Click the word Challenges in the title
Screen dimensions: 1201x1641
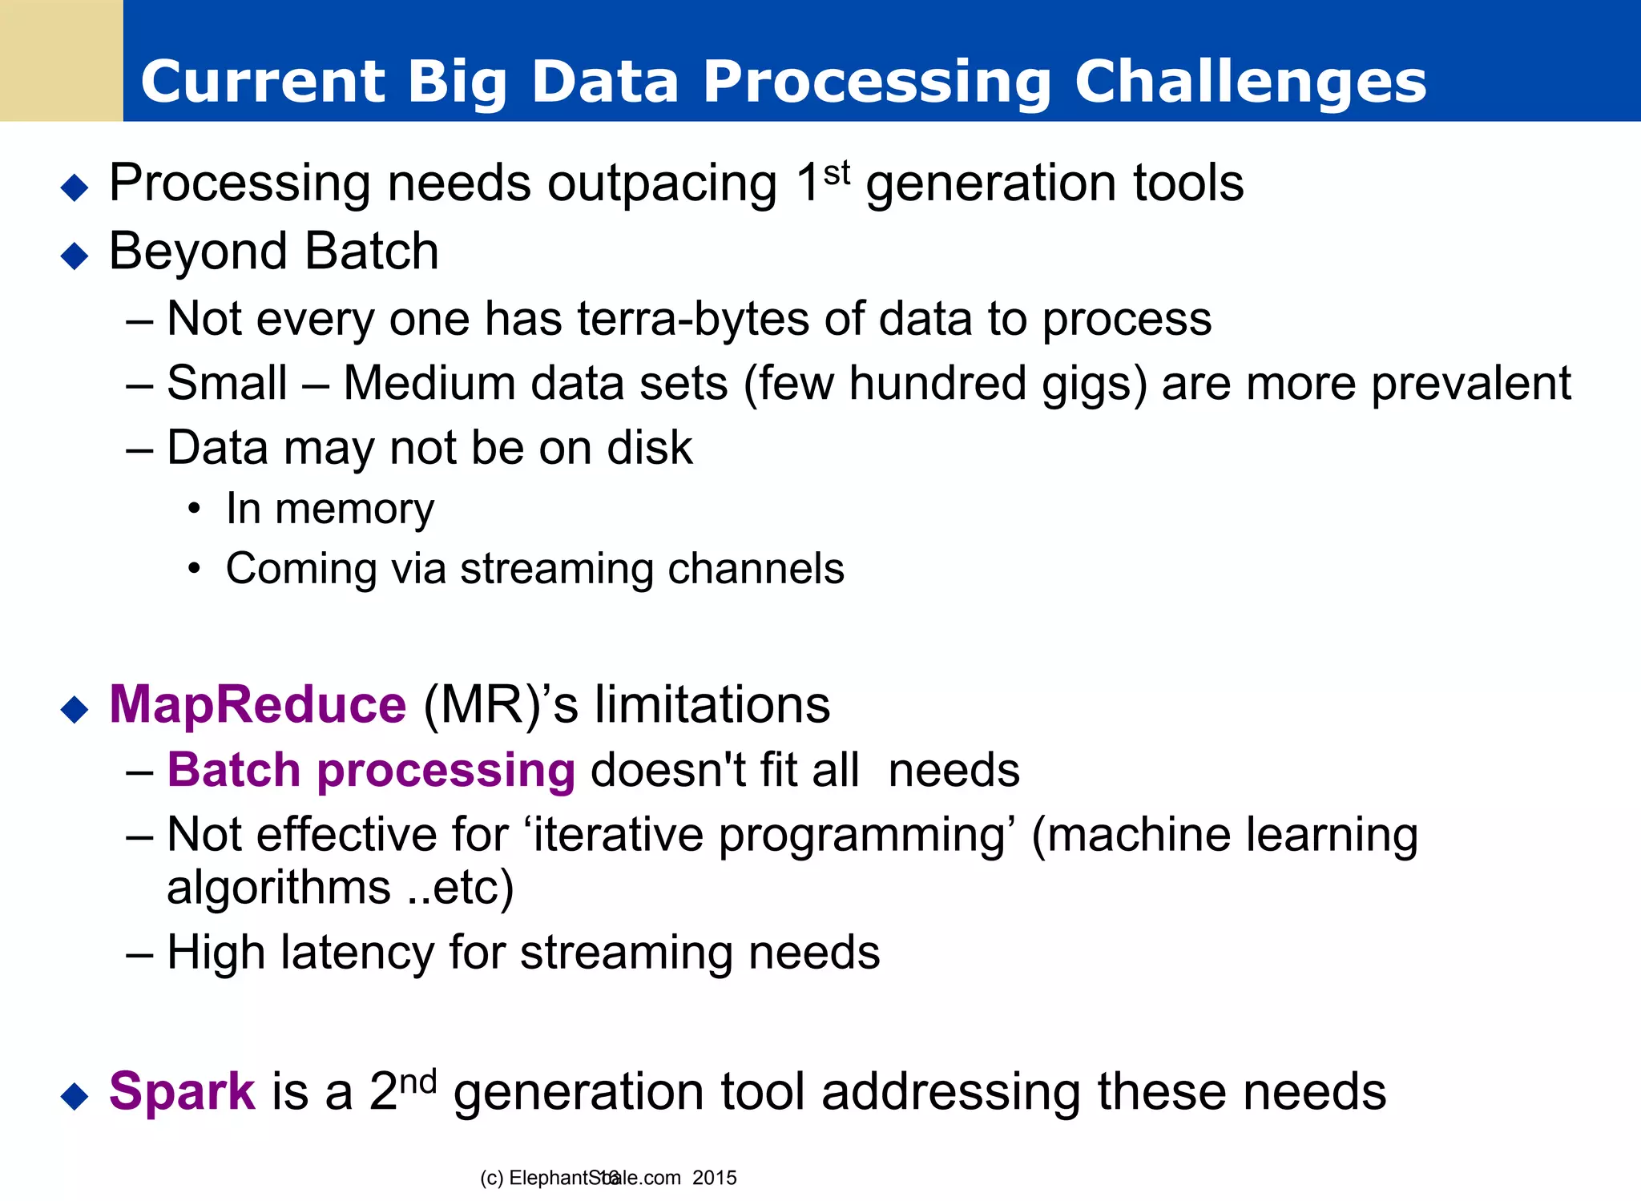click(x=1250, y=82)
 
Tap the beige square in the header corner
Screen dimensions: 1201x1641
click(x=61, y=60)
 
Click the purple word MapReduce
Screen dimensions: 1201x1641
click(x=257, y=705)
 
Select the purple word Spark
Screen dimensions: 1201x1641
click(x=182, y=1091)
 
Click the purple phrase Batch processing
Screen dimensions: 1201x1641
click(x=371, y=771)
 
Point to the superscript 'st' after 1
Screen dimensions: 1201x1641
click(x=837, y=171)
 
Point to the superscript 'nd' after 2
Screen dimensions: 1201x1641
click(x=418, y=1081)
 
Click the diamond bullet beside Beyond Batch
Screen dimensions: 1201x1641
click(x=75, y=256)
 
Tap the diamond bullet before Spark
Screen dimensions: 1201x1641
click(x=75, y=1096)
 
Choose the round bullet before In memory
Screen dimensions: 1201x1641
click(x=193, y=510)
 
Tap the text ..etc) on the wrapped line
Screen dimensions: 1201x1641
click(x=460, y=888)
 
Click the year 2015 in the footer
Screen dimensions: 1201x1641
click(x=714, y=1178)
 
